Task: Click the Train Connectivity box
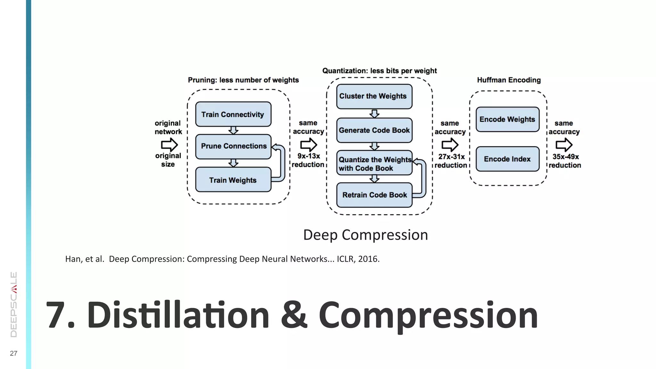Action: (x=233, y=114)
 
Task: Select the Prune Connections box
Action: (x=233, y=146)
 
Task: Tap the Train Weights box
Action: (x=233, y=180)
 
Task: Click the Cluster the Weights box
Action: (x=374, y=96)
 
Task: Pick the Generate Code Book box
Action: (x=374, y=130)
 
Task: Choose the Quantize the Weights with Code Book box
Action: (x=374, y=163)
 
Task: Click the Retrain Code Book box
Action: (x=374, y=195)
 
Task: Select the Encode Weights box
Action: (x=507, y=119)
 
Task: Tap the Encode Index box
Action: (x=507, y=159)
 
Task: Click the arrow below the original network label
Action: (x=169, y=145)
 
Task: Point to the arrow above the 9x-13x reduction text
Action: (x=308, y=145)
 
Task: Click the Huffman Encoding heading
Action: (x=509, y=80)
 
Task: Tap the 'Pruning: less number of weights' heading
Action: (x=243, y=80)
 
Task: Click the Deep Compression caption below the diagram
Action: (x=365, y=235)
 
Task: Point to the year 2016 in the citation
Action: (x=368, y=259)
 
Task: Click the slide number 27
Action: (x=13, y=353)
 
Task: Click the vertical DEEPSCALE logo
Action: (x=14, y=304)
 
